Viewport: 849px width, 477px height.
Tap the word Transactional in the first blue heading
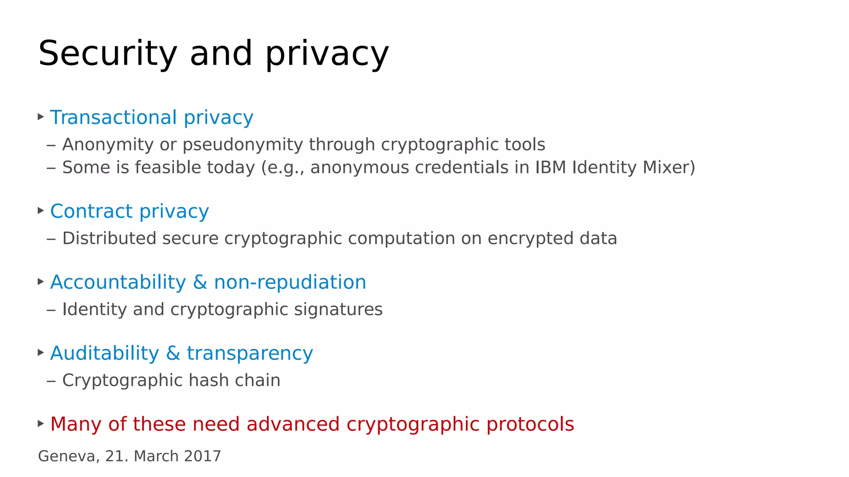tap(113, 118)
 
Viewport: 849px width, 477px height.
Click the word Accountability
tap(118, 282)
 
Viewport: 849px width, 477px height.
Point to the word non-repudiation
tap(290, 282)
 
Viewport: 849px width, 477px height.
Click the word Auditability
tap(104, 353)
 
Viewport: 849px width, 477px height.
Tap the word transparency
tap(250, 353)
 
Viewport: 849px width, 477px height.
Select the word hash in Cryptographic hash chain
tap(211, 380)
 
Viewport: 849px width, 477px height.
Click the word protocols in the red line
tap(530, 424)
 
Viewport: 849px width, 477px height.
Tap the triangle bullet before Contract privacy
tap(41, 211)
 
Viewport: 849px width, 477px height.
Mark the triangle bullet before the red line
tap(41, 423)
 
